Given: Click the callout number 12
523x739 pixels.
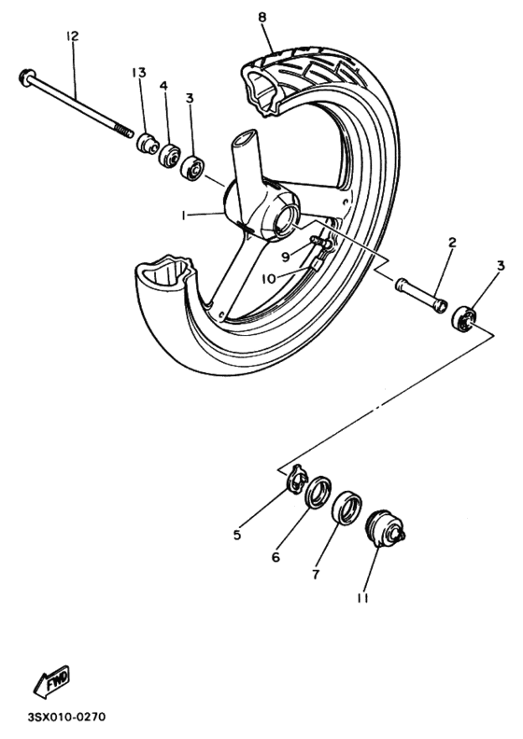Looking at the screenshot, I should pyautogui.click(x=72, y=36).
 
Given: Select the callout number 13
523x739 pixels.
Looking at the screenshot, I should pyautogui.click(x=139, y=73).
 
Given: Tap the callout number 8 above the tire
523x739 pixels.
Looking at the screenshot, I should pyautogui.click(x=261, y=17).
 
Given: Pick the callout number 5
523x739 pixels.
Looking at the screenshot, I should pyautogui.click(x=237, y=536).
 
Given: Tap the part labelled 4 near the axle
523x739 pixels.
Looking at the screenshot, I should pyautogui.click(x=170, y=155).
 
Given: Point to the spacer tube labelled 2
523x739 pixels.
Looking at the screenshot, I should pyautogui.click(x=417, y=296).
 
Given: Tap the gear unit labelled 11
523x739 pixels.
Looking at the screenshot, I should pyautogui.click(x=382, y=529).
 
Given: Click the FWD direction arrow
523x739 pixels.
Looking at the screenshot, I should pyautogui.click(x=53, y=683).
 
